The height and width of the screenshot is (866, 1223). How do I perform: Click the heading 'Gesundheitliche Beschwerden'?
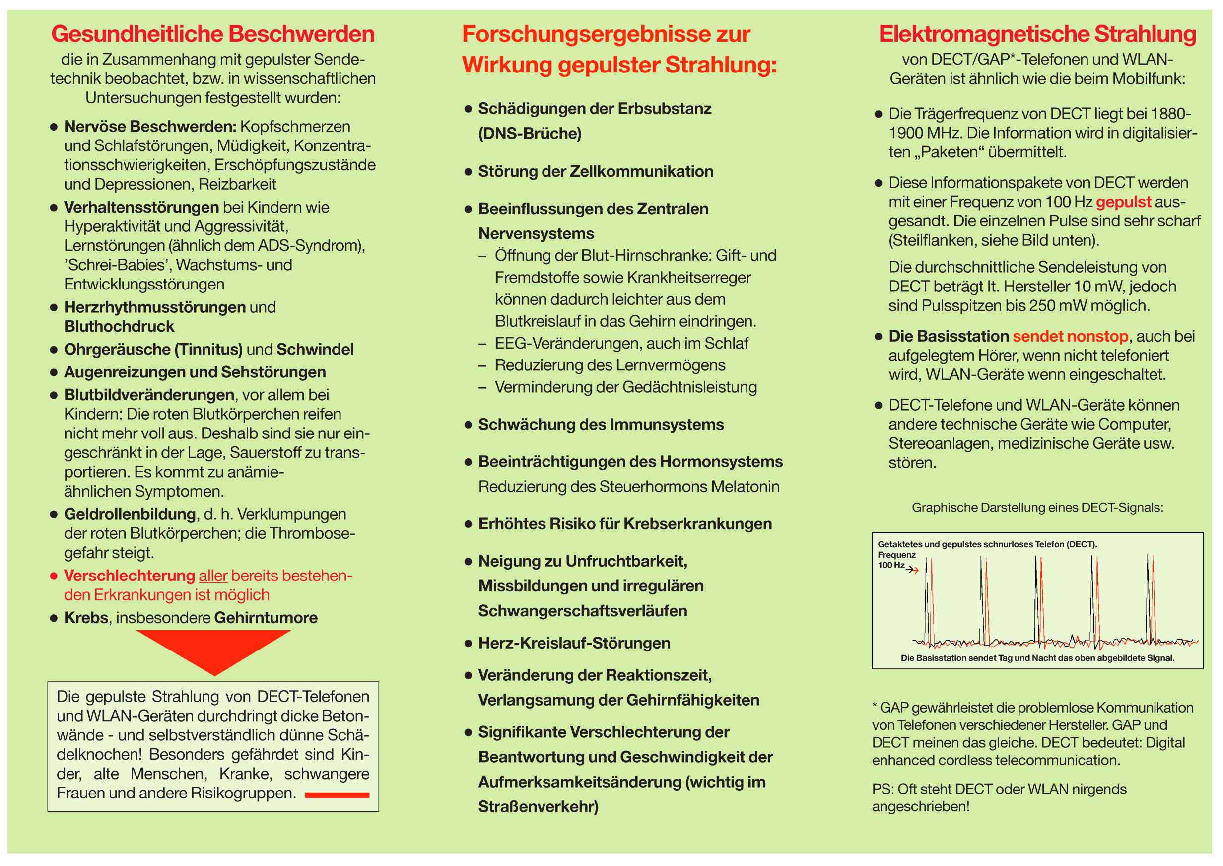(x=212, y=34)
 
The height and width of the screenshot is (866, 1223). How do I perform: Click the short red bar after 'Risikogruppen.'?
(x=337, y=795)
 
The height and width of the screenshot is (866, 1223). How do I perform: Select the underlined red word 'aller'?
(x=213, y=576)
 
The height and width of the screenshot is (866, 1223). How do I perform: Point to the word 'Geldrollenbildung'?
(x=130, y=514)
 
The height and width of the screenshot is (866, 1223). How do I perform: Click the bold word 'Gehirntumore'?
(x=266, y=618)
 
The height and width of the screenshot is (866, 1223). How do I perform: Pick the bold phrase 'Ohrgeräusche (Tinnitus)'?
(x=153, y=349)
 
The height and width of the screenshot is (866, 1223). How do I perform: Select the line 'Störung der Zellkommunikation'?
(x=595, y=171)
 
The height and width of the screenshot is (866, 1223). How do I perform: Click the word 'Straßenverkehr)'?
(x=538, y=807)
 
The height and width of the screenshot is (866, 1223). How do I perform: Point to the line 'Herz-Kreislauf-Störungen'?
(x=574, y=643)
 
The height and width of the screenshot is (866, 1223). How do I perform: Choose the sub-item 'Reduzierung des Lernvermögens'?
(x=610, y=365)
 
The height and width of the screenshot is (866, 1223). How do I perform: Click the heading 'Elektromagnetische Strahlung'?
(x=1037, y=34)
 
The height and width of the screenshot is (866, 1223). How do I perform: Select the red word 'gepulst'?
(x=1123, y=202)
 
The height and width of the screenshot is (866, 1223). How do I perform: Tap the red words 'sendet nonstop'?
(x=1070, y=336)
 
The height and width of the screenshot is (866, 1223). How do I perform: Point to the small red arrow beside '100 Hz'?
(x=913, y=571)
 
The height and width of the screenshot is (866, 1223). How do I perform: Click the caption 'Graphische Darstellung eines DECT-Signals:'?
(x=1037, y=507)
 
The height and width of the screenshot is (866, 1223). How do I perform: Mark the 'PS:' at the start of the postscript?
(x=883, y=789)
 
